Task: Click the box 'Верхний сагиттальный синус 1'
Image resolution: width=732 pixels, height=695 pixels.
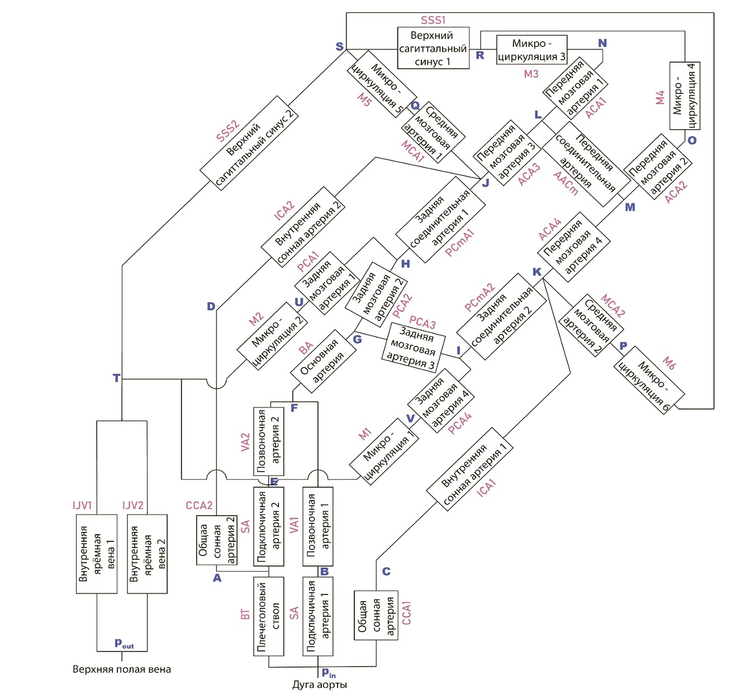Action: point(433,48)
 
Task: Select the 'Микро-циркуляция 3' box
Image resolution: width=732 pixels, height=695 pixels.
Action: point(531,50)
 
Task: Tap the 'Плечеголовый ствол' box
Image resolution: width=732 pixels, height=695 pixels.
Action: point(269,616)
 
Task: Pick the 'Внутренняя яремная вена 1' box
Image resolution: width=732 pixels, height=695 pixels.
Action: point(97,554)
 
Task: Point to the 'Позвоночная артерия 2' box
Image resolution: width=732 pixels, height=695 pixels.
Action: point(269,441)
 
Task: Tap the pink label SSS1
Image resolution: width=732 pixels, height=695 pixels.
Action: point(433,21)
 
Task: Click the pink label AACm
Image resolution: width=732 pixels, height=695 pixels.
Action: point(565,183)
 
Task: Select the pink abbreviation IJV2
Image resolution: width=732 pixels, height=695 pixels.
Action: point(133,506)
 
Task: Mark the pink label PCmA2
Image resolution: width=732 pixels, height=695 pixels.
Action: point(479,298)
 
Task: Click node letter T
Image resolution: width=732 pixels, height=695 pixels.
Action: point(116,378)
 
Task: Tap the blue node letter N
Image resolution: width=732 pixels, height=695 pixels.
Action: point(602,44)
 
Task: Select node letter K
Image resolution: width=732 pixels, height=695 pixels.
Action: point(537,272)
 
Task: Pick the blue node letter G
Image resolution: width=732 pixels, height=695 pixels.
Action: point(357,339)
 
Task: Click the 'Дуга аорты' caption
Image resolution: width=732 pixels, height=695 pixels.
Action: point(320,685)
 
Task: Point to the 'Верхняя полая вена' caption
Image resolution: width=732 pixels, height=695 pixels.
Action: point(122,669)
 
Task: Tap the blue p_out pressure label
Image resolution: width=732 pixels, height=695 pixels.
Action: point(123,643)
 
